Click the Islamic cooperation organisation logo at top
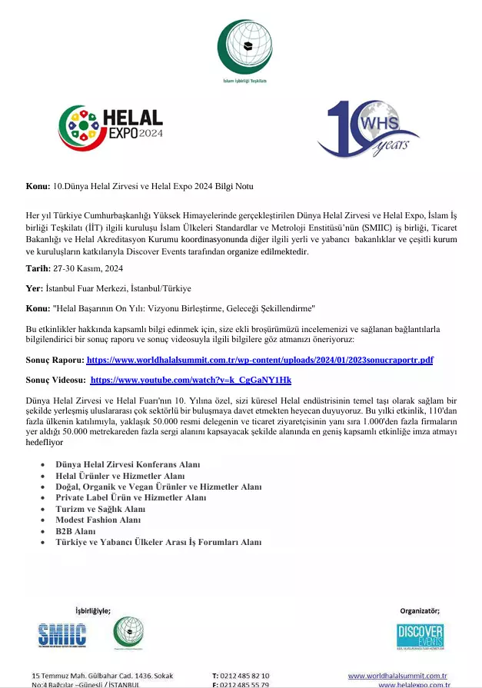(244, 48)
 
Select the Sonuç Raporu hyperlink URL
(260, 360)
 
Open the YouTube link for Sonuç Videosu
(191, 380)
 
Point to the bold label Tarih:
(37, 268)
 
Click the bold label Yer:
(34, 288)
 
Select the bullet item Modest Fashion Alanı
(98, 520)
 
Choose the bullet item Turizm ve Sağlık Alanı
(100, 509)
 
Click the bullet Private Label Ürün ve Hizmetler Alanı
(131, 498)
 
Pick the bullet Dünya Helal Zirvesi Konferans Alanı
(128, 465)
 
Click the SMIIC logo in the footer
(62, 634)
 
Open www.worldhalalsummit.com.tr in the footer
(397, 675)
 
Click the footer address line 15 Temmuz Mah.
(101, 675)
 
